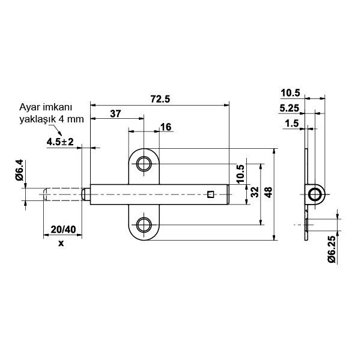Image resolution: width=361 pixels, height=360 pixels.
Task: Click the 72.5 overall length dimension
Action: [159, 99]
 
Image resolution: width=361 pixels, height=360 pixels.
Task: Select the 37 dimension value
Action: [116, 113]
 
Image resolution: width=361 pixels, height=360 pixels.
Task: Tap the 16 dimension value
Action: [166, 127]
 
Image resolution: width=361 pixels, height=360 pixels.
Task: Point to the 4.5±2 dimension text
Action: [59, 142]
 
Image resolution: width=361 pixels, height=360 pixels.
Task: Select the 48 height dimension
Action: [268, 192]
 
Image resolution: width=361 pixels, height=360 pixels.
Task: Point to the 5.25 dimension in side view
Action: [291, 109]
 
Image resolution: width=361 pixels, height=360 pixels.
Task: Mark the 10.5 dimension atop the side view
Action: [290, 93]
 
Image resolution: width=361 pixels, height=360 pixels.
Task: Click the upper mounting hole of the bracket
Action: [144, 164]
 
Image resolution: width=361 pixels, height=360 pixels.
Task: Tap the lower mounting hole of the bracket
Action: [144, 225]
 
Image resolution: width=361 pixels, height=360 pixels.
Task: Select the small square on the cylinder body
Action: [210, 193]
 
